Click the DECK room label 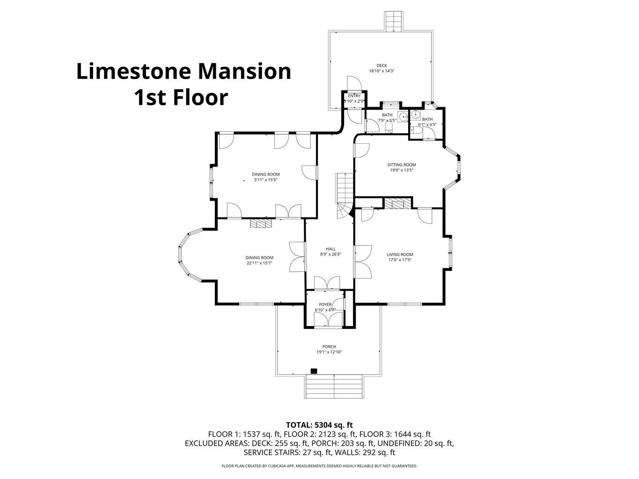coord(382,65)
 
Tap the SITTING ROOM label coord(402,165)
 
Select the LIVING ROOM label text coord(400,254)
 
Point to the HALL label coord(331,249)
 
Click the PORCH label coord(329,347)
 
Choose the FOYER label coord(325,305)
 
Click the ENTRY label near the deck coord(354,96)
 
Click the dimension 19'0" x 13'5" coord(402,170)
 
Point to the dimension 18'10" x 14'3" coord(382,71)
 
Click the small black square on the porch coord(314,371)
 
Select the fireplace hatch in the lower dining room coord(261,223)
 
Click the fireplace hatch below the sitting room coord(397,203)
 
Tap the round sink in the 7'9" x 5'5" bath coord(403,116)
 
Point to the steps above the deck coord(394,22)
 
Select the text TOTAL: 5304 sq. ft coord(319,425)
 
